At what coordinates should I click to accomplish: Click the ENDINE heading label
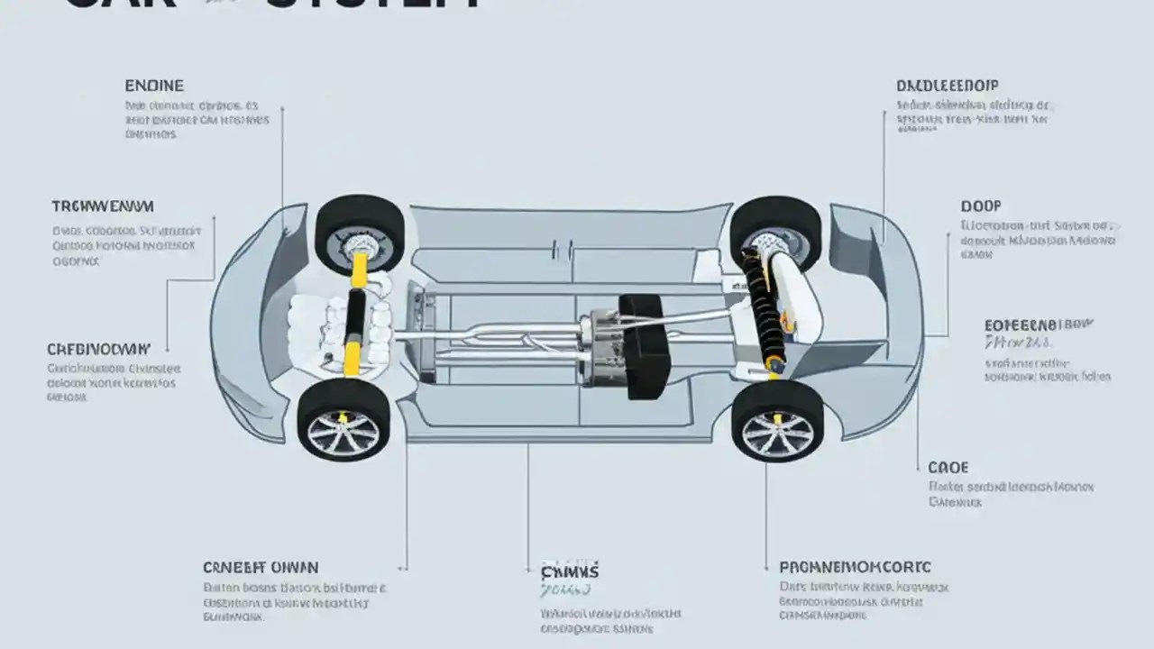tap(154, 86)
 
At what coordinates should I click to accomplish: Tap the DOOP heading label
tap(981, 206)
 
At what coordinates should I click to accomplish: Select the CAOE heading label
tap(948, 467)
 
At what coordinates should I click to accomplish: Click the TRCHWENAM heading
tap(103, 206)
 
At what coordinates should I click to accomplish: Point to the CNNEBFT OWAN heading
tap(260, 567)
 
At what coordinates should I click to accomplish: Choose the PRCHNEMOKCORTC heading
tap(855, 567)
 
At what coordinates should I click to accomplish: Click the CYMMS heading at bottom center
tap(570, 571)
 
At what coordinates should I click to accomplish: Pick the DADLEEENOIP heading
tap(948, 86)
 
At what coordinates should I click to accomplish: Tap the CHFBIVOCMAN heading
tap(97, 348)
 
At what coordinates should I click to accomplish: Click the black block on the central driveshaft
tap(645, 346)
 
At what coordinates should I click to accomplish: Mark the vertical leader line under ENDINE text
tap(282, 162)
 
